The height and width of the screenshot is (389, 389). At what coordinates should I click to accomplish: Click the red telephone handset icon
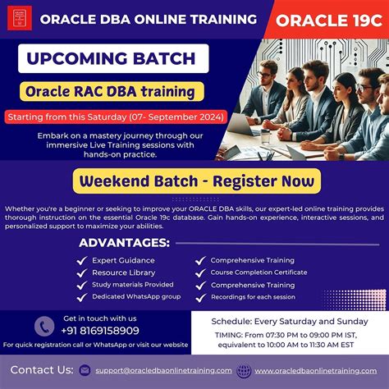pos(44,325)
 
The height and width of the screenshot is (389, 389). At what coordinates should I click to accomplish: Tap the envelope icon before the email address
pos(85,371)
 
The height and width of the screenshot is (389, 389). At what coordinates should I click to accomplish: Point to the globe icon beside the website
pos(244,371)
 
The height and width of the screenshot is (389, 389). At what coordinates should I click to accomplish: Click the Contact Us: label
pos(40,370)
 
